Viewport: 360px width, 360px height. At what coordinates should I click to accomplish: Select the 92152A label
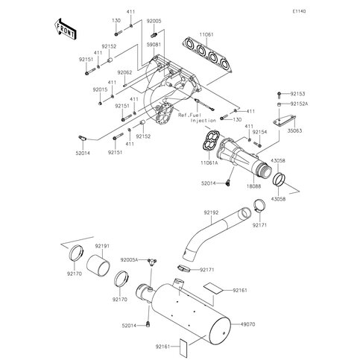tap(299, 104)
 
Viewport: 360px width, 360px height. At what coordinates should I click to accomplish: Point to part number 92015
tap(101, 89)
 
